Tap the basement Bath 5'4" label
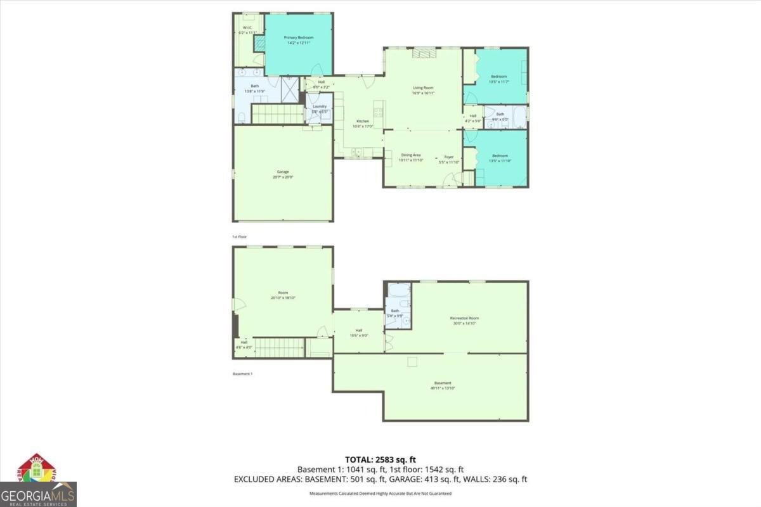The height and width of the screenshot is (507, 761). click(395, 312)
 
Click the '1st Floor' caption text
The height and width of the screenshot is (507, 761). click(240, 236)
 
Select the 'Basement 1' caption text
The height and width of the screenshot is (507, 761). click(242, 374)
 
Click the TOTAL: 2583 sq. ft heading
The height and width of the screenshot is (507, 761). click(380, 459)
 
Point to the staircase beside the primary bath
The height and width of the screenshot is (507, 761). click(278, 115)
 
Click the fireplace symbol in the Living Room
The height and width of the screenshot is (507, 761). click(421, 54)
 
